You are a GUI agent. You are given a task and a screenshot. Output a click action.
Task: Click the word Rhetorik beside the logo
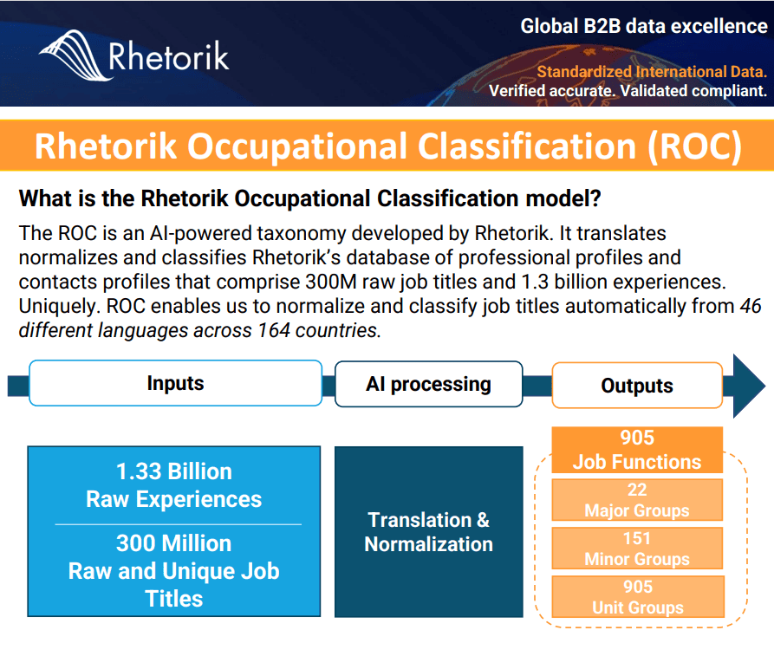168,56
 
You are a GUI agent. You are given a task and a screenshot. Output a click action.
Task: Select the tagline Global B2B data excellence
643,26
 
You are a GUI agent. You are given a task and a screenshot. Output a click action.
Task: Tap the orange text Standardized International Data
651,72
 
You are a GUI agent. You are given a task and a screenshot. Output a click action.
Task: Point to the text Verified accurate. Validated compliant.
628,91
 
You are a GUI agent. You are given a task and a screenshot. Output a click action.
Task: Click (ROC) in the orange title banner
694,146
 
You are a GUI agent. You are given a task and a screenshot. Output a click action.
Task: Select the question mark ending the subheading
595,198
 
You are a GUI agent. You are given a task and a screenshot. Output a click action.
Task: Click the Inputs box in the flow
175,384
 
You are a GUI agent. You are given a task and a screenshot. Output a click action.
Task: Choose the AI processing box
428,384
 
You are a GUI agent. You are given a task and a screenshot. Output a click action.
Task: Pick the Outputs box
636,386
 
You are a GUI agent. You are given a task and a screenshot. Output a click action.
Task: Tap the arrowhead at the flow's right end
748,386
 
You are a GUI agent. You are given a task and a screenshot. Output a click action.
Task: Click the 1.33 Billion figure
174,472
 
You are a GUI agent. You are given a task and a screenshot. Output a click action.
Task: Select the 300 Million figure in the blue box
174,543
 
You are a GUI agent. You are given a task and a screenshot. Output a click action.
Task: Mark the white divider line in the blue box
178,524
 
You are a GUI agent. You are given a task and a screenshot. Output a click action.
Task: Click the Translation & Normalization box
428,532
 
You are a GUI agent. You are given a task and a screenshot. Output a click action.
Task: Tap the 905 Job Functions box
636,450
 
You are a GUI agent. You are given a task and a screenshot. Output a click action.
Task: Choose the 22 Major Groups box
637,500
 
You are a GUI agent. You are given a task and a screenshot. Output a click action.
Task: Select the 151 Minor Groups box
637,549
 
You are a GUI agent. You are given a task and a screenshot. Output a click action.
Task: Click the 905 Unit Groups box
637,597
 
